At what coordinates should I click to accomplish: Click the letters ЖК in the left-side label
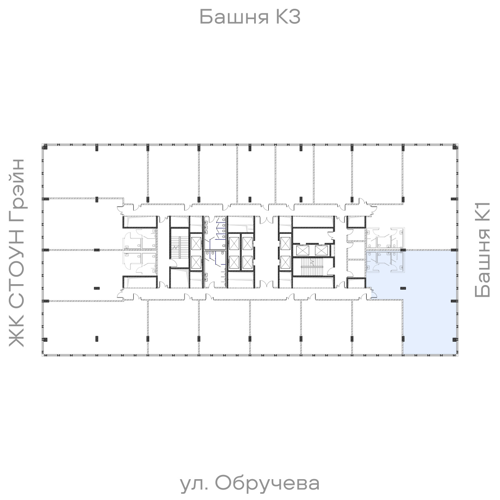[x=17, y=333]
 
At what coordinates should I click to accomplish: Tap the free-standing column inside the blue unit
[x=402, y=287]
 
